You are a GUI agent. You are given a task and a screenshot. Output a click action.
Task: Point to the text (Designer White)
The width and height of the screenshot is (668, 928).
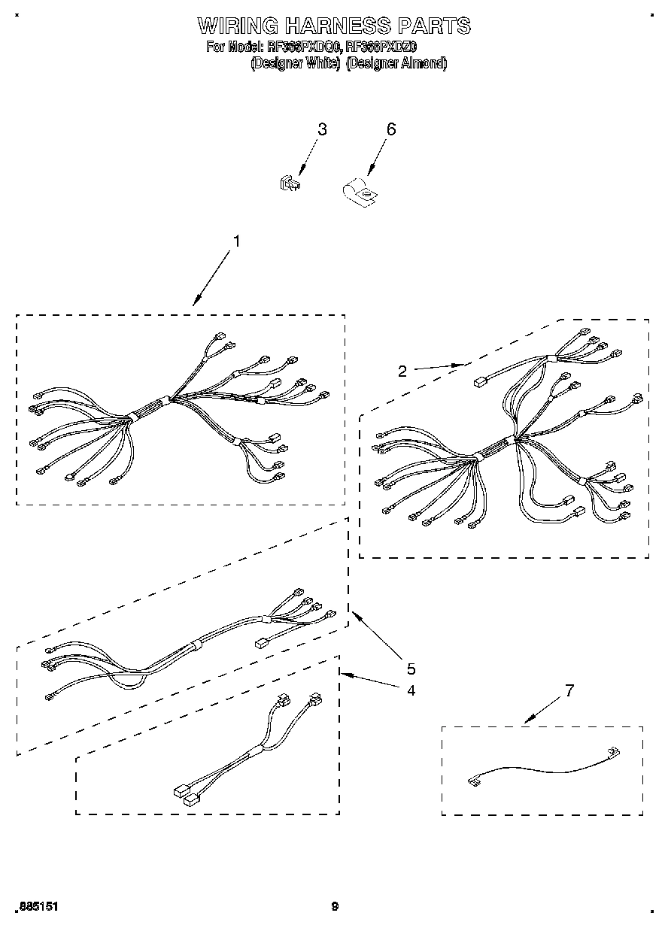296,64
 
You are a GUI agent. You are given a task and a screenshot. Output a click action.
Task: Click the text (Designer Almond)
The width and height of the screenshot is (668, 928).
396,64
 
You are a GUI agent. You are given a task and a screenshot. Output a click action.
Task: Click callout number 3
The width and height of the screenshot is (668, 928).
322,129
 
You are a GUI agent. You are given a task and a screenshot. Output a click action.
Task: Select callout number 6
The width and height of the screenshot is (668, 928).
390,129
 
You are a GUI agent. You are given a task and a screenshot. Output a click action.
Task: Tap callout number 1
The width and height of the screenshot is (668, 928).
236,241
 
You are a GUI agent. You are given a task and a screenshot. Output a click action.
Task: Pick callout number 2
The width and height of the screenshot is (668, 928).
402,371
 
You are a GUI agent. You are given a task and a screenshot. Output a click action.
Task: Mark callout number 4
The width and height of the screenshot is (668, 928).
411,690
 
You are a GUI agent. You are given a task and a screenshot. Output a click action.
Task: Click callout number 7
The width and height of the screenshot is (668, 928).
569,690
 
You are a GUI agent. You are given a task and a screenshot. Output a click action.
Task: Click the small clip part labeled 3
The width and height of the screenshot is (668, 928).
290,183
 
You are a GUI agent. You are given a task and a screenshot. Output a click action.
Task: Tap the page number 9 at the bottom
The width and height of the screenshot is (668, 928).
335,907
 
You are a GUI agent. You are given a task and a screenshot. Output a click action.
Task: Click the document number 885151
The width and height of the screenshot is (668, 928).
37,907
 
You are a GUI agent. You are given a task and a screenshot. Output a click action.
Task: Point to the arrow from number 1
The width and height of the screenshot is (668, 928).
214,278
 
